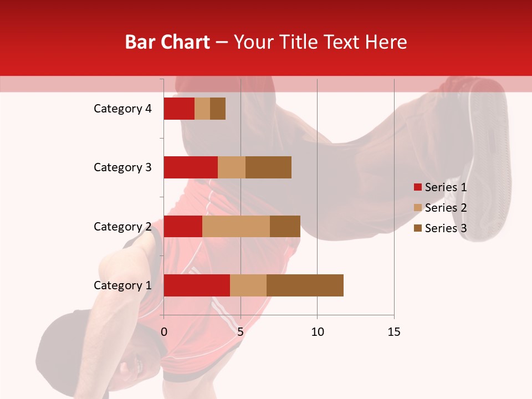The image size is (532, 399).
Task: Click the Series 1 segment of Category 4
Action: pos(179,109)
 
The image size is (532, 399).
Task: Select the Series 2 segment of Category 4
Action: pos(202,109)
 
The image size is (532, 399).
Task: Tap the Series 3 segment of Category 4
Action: pos(218,109)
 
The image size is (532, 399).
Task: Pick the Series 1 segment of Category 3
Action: pos(191,167)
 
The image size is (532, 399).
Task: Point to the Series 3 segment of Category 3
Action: pos(268,167)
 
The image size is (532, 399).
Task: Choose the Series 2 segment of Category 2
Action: pos(236,226)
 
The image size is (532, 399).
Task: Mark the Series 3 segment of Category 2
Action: pos(285,226)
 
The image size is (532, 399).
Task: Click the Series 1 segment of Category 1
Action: pos(197,285)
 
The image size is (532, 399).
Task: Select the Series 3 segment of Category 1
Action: pos(305,285)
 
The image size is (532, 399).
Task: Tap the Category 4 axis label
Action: pos(122,109)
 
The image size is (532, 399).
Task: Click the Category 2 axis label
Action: pos(122,227)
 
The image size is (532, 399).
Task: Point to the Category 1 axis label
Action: pos(122,285)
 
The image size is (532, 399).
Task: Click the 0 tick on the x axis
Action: pos(164,332)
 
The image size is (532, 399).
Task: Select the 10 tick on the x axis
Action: pos(317,332)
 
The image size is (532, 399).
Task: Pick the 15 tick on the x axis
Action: pos(394,332)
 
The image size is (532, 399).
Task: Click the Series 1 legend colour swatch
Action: pos(417,187)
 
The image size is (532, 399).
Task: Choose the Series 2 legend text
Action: pos(446,208)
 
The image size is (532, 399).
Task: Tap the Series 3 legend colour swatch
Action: pos(417,228)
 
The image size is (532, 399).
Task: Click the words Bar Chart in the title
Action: pos(167,42)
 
